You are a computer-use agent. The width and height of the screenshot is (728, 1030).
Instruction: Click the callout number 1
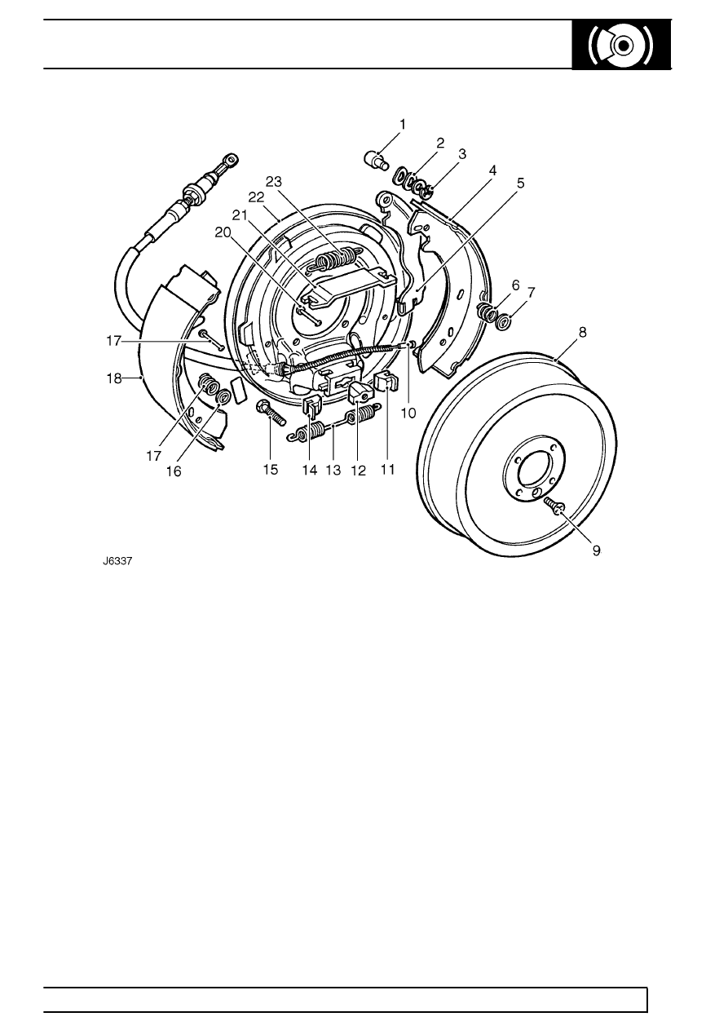click(402, 125)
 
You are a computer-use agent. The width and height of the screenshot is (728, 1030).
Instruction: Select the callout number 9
click(596, 550)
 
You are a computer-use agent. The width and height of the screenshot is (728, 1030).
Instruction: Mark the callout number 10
click(408, 413)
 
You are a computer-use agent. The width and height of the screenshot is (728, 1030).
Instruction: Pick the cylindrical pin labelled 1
click(375, 157)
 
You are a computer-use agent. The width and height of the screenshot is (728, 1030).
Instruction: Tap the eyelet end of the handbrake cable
click(232, 158)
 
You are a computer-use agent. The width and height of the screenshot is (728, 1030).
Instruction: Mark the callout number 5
click(520, 183)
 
